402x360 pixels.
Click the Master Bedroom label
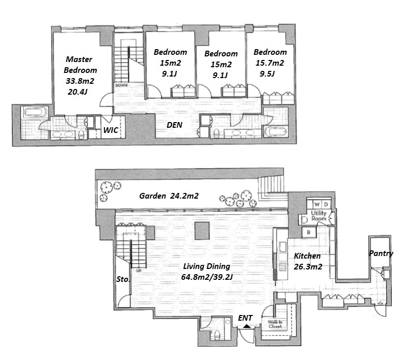click(x=80, y=65)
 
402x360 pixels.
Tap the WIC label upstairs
click(x=111, y=130)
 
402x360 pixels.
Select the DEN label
click(x=174, y=125)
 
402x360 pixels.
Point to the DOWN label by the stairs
click(x=121, y=85)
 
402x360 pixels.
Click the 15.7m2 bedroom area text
click(x=270, y=63)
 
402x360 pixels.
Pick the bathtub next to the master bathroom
click(x=35, y=112)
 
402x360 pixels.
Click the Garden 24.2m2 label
click(x=169, y=196)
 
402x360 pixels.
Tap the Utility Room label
click(x=319, y=216)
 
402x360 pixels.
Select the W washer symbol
click(x=317, y=204)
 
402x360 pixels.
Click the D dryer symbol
click(x=326, y=204)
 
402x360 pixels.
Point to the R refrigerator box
click(x=309, y=233)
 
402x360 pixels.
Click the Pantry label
click(x=381, y=253)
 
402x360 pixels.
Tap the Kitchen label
click(x=307, y=256)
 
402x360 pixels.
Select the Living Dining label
click(x=206, y=266)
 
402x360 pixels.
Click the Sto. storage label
click(x=123, y=279)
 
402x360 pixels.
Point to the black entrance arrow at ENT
click(x=246, y=326)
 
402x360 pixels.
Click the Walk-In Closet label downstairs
click(x=275, y=324)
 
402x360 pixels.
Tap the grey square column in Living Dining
click(x=202, y=231)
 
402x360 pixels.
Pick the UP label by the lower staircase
click(x=139, y=271)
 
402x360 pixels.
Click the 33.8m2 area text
click(x=80, y=81)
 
